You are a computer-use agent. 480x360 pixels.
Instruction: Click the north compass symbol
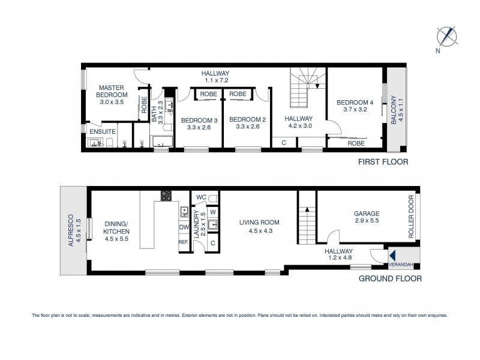click(447, 35)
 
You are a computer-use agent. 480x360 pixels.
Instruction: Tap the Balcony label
click(395, 110)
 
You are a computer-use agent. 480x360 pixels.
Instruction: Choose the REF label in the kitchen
click(183, 242)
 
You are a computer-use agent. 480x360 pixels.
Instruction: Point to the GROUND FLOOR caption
click(389, 278)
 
